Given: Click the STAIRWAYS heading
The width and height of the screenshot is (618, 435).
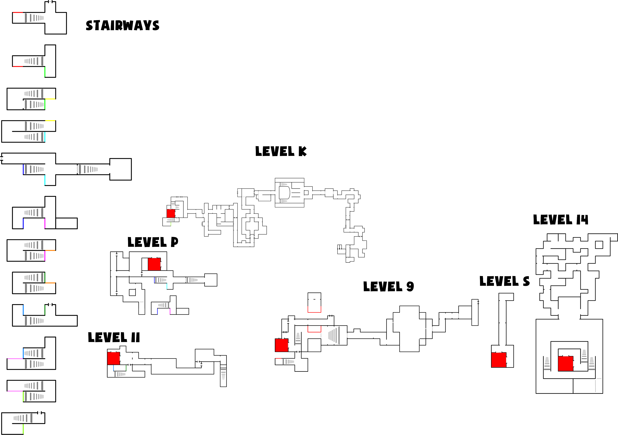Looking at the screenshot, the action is (122, 26).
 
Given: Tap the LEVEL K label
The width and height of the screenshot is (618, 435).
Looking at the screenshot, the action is (281, 151).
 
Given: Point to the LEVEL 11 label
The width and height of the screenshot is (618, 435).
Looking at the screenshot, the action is (114, 337).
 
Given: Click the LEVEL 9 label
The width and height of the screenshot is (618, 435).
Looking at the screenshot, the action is (388, 286).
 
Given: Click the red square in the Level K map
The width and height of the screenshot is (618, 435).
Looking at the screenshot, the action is (171, 213).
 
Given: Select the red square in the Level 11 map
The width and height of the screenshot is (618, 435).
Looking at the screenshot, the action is (114, 358).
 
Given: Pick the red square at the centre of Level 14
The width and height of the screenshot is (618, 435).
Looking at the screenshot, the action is (565, 363).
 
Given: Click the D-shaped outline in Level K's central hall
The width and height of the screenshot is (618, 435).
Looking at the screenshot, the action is (284, 192).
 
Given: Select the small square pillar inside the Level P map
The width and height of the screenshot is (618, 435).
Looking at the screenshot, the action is (132, 292).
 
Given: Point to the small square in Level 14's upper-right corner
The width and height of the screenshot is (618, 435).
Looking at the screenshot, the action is (599, 245).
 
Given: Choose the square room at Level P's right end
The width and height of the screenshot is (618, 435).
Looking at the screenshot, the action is (211, 280).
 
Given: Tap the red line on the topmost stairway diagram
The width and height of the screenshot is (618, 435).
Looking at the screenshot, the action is (18, 12).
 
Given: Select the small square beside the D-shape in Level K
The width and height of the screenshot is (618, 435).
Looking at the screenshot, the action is (306, 192).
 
